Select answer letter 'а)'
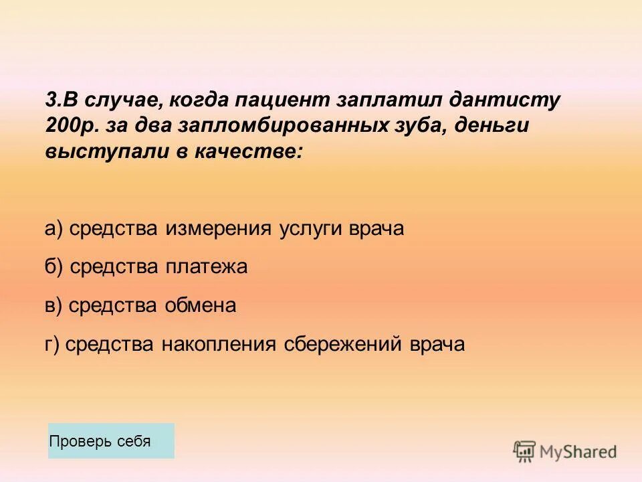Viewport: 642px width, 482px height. [x=54, y=229]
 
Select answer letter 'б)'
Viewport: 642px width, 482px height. [x=54, y=267]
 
